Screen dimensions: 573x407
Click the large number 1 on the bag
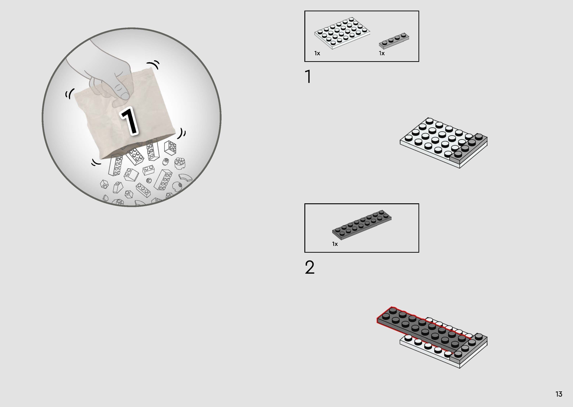(129, 121)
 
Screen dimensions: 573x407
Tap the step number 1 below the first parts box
(308, 76)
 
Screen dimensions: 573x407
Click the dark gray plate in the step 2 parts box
(362, 225)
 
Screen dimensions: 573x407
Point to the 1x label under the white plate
(317, 53)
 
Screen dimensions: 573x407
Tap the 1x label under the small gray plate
(382, 53)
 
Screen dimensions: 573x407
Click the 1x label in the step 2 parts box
(335, 244)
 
